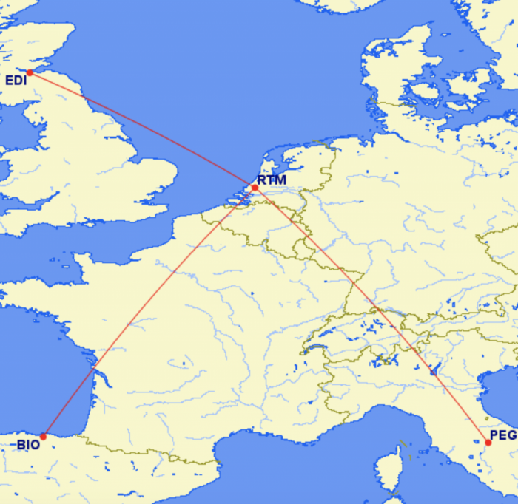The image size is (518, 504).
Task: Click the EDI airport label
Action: click(x=16, y=80)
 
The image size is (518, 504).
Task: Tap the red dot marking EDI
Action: click(x=30, y=72)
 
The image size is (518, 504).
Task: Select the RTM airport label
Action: click(x=272, y=180)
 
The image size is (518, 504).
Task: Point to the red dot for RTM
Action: click(x=255, y=188)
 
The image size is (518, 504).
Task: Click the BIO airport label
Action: click(x=28, y=445)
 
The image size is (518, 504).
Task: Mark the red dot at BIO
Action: click(x=44, y=436)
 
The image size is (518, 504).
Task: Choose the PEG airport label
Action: click(x=503, y=435)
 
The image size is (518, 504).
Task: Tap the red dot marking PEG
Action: click(x=488, y=443)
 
